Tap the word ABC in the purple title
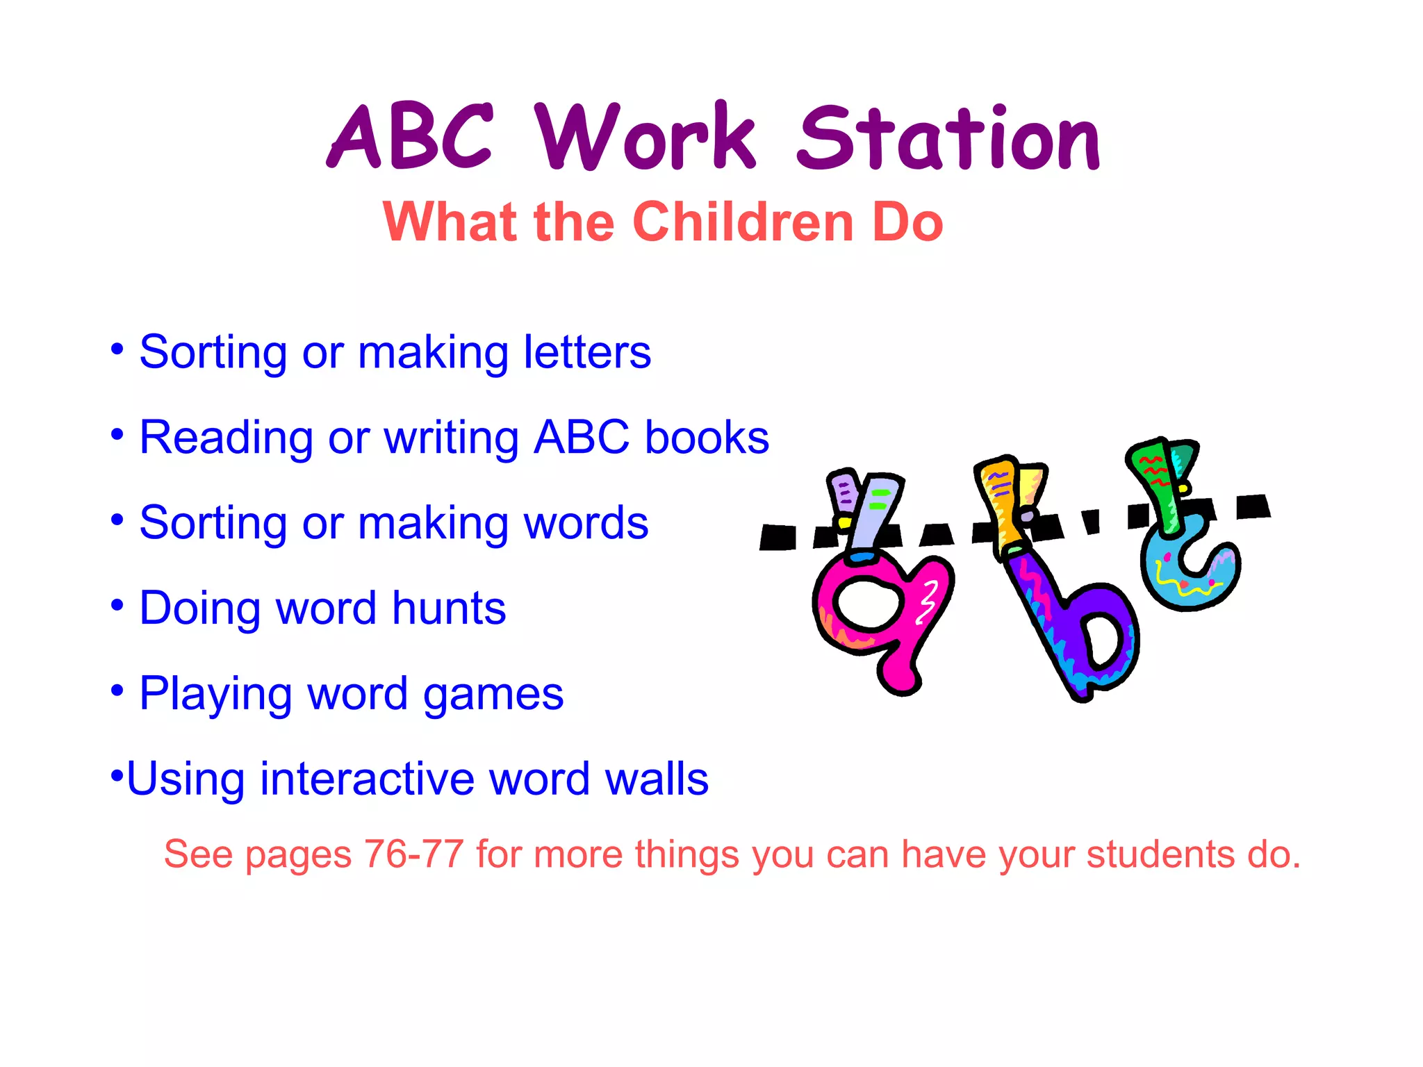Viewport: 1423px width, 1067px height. coord(410,138)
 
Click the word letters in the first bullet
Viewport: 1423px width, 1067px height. coord(587,352)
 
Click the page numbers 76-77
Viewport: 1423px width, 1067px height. coord(414,854)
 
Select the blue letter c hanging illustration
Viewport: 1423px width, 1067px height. coord(1188,570)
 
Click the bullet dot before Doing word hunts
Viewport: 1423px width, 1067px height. coord(117,606)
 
